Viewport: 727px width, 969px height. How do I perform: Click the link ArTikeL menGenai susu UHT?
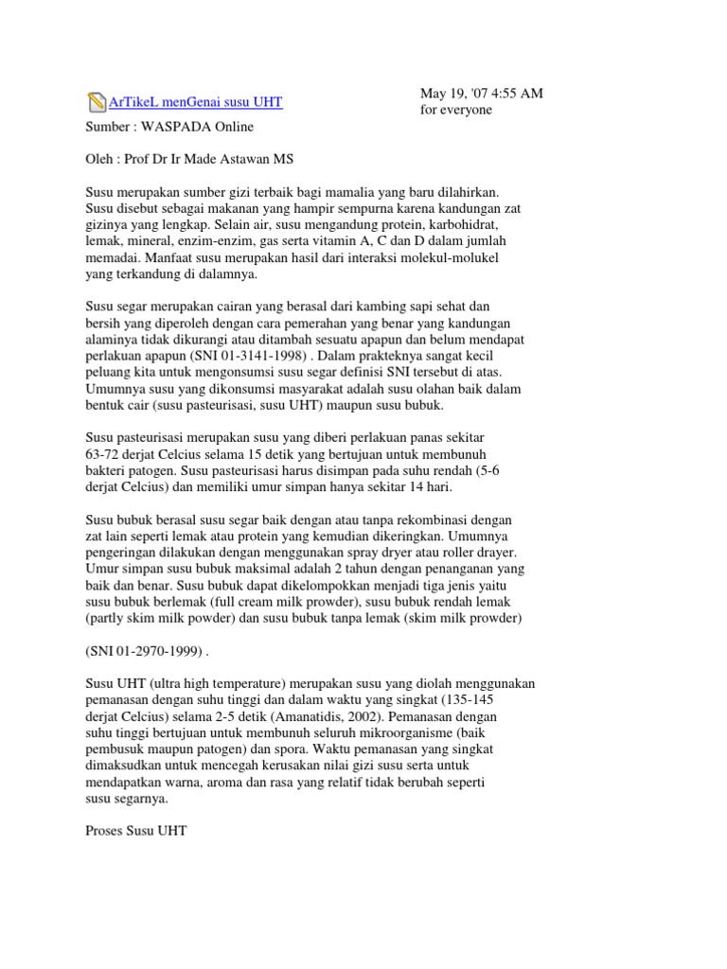(x=195, y=102)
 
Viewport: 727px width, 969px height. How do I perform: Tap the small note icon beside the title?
(x=96, y=102)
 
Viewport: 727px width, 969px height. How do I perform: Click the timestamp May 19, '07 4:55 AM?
(x=482, y=94)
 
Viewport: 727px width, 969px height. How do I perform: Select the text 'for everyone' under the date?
(x=457, y=111)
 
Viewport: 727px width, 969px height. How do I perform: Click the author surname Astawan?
(x=281, y=160)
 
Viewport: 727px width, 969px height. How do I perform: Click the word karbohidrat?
(x=437, y=226)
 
